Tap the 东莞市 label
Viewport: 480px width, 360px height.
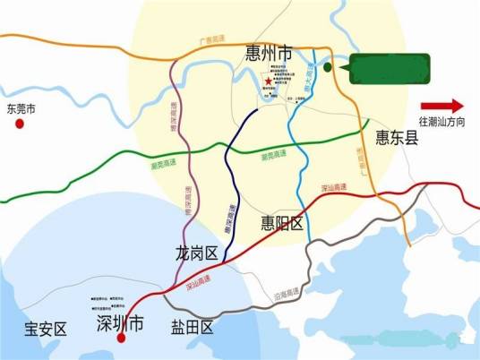(20, 110)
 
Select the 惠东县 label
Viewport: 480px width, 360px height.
(397, 138)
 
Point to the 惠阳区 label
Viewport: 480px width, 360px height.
(283, 222)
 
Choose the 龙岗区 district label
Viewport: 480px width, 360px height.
(198, 254)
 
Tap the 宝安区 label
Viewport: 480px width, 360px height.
(45, 330)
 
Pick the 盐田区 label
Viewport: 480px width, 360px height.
(193, 328)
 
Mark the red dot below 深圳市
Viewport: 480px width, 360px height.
(121, 339)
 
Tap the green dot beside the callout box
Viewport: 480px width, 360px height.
(328, 67)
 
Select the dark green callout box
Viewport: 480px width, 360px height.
(390, 68)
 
